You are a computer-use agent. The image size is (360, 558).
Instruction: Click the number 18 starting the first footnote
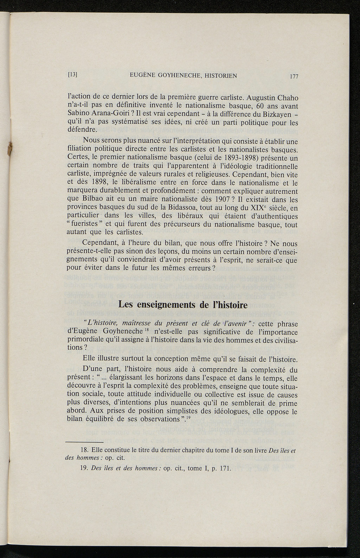84,451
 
